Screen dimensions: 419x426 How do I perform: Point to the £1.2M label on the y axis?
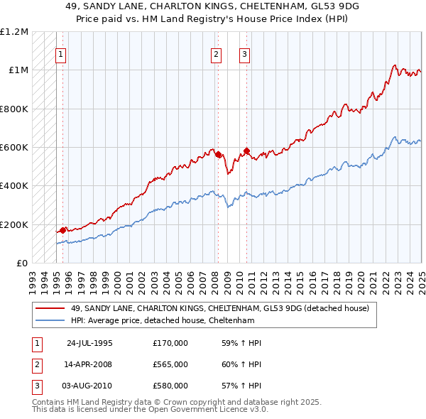(x=14, y=32)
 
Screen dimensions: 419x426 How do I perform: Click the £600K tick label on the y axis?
(x=14, y=148)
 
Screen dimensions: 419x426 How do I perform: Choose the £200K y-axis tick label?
(x=14, y=224)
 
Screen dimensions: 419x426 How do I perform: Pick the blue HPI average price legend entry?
(x=162, y=321)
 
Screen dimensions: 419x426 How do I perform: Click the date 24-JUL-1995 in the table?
(x=89, y=343)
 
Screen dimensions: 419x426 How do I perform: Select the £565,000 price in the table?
(x=170, y=364)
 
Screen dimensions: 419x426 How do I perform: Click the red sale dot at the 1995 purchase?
(x=63, y=229)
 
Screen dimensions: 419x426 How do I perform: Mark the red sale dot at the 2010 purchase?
(x=246, y=151)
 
